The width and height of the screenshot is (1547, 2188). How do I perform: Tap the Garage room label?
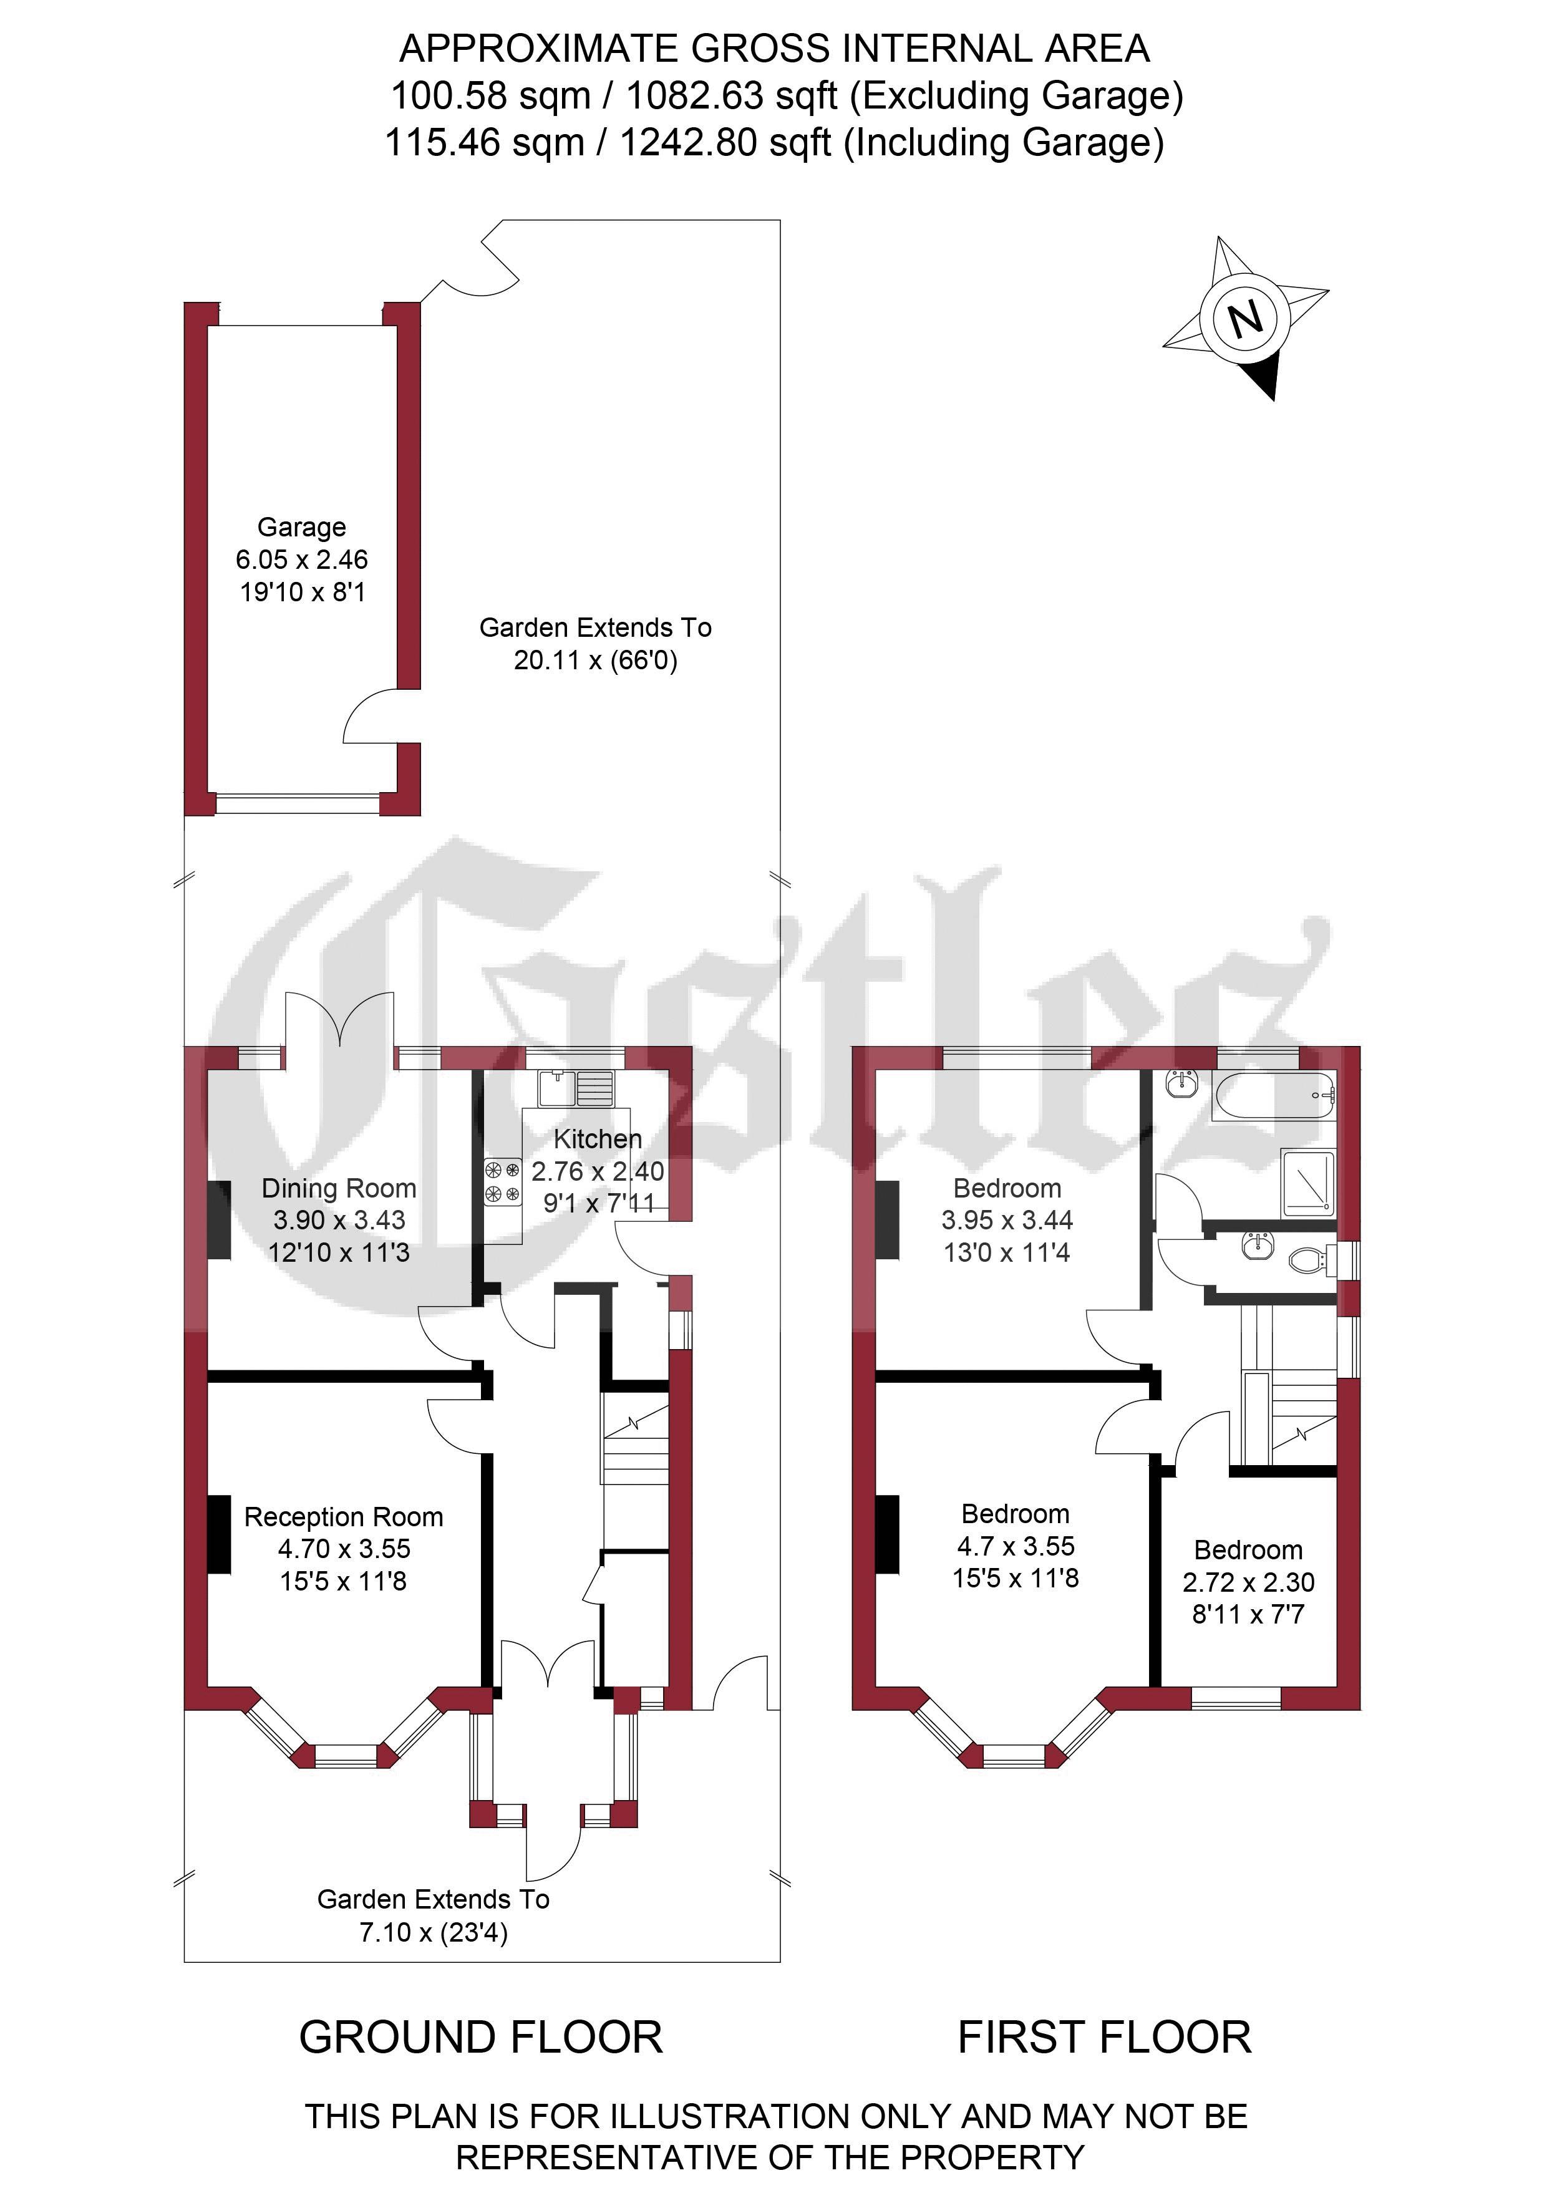(x=301, y=527)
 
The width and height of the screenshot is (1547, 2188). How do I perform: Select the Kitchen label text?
(x=598, y=1139)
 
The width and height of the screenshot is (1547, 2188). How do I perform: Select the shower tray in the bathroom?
(x=1309, y=1182)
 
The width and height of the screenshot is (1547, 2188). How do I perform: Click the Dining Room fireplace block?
(x=219, y=1220)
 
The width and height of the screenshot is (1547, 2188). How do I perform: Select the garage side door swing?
(x=370, y=717)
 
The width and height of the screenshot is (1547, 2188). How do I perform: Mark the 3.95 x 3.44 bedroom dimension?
(x=1007, y=1220)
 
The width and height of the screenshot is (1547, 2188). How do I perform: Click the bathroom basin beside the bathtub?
(x=1182, y=1083)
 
